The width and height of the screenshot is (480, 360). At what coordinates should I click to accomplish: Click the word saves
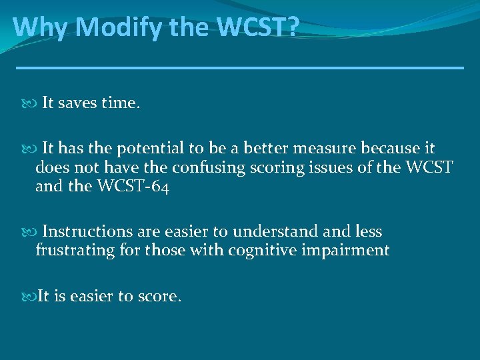79,103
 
